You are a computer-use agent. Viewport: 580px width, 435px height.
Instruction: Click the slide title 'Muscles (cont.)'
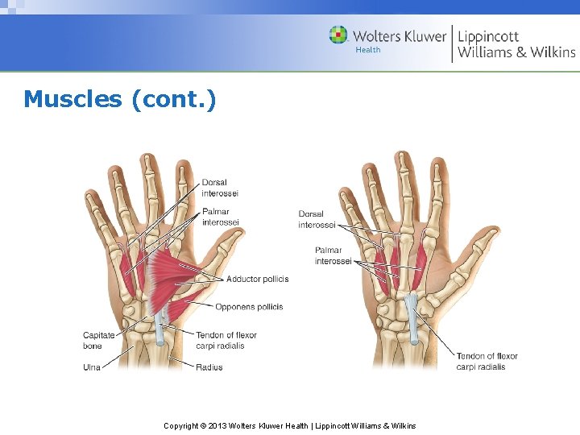coord(120,99)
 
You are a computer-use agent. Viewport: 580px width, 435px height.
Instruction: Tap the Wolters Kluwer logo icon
coord(338,35)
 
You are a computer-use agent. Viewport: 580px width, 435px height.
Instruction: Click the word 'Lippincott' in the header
coord(488,36)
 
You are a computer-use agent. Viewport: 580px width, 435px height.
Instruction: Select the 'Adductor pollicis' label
coord(257,280)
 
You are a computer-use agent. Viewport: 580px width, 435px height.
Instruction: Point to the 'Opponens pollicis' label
coord(249,307)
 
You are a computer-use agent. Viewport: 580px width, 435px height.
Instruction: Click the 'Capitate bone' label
coord(99,341)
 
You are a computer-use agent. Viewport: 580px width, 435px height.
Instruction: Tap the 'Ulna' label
coord(92,367)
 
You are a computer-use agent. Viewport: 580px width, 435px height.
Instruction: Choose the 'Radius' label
coord(209,367)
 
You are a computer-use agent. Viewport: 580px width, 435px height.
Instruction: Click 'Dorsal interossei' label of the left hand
coord(220,188)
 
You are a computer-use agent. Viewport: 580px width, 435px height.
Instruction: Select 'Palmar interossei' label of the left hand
coord(220,217)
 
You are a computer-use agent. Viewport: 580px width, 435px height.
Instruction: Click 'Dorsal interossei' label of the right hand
coord(317,219)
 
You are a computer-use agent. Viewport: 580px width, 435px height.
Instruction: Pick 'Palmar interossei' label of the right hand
coord(333,255)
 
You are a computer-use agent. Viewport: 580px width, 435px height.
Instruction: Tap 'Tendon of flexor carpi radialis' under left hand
coord(226,341)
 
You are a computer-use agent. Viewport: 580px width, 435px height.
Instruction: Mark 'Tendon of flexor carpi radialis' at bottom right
coord(487,361)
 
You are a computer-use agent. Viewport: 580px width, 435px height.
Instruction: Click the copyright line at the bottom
coord(290,425)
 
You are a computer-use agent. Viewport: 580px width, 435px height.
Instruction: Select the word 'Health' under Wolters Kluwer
coord(368,50)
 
